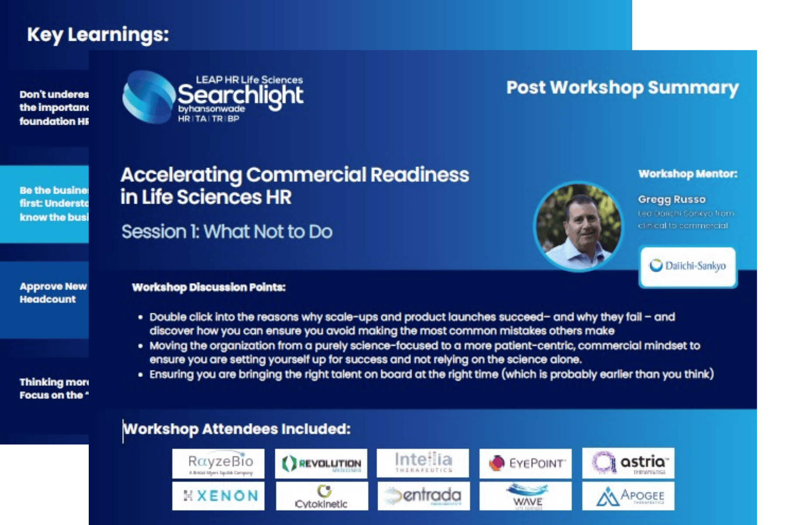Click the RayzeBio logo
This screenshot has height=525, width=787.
(218, 463)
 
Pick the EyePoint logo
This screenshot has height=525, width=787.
(526, 463)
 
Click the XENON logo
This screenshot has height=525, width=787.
(218, 496)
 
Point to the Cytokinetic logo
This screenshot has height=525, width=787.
(322, 496)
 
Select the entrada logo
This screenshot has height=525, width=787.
(424, 496)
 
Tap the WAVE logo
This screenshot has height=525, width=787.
(526, 496)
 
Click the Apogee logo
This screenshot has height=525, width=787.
(628, 496)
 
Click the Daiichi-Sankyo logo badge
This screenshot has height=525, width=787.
(688, 266)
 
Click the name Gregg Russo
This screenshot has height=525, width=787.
(672, 199)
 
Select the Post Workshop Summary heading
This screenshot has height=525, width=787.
(622, 87)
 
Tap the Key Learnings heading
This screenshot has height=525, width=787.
(98, 35)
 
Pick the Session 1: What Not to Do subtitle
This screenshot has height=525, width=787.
(227, 232)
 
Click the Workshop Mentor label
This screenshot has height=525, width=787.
(688, 174)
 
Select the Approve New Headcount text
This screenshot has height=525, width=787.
(53, 293)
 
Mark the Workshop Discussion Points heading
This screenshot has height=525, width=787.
(209, 287)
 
